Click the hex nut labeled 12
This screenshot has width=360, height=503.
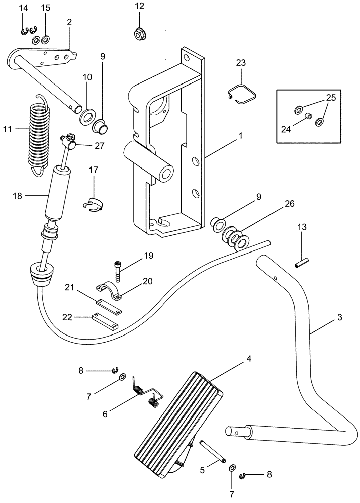pyautogui.click(x=139, y=34)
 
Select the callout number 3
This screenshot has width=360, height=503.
pyautogui.click(x=340, y=318)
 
